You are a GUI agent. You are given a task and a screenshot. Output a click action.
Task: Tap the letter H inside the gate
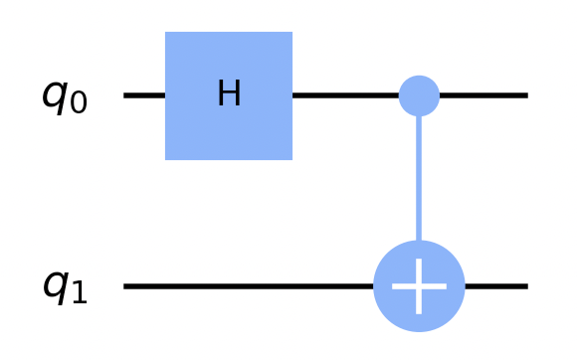pyautogui.click(x=229, y=94)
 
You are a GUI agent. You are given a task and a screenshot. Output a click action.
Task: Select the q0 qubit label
pyautogui.click(x=65, y=96)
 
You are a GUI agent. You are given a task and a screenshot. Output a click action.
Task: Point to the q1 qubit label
pyautogui.click(x=65, y=286)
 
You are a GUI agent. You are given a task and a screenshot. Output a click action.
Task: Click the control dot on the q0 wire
pyautogui.click(x=419, y=95)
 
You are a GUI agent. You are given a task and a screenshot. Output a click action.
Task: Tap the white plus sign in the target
pyautogui.click(x=419, y=286)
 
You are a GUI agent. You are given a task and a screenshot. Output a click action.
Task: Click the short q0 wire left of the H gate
pyautogui.click(x=144, y=95)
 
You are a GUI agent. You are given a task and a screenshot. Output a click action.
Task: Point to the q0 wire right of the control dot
pyautogui.click(x=483, y=95)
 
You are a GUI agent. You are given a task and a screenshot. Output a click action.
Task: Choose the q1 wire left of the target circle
pyautogui.click(x=249, y=286)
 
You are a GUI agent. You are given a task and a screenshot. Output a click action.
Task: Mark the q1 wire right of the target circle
pyautogui.click(x=495, y=286)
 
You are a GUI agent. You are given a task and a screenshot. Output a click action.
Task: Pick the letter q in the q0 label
pyautogui.click(x=55, y=96)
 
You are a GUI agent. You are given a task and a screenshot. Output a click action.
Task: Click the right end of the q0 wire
pyautogui.click(x=523, y=95)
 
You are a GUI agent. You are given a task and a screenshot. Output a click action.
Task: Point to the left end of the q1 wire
pyautogui.click(x=127, y=286)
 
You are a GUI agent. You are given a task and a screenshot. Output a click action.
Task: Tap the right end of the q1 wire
pyautogui.click(x=523, y=286)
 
